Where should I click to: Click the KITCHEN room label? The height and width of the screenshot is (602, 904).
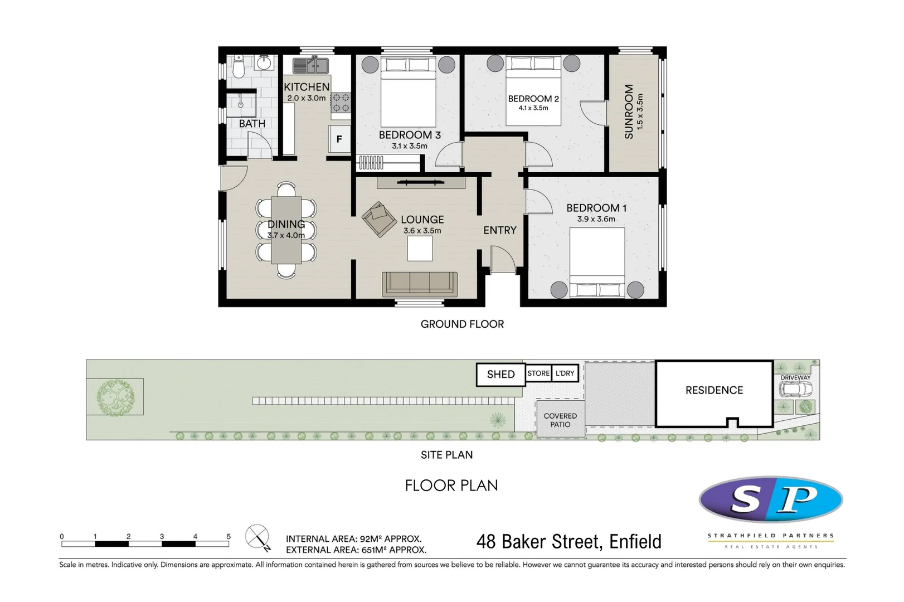click(307, 87)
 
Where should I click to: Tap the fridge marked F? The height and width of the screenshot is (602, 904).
click(339, 139)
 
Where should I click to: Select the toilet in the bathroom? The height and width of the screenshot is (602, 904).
click(239, 67)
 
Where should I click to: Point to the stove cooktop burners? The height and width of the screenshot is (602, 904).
click(341, 103)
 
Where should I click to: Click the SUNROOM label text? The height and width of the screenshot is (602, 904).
click(629, 111)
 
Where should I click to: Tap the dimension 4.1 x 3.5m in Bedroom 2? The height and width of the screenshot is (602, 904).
click(533, 108)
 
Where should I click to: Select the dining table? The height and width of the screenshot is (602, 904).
click(286, 230)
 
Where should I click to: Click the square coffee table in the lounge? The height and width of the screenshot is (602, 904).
click(420, 249)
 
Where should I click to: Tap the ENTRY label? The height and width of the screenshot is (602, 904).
click(499, 230)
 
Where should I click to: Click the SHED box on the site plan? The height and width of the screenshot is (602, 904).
click(500, 375)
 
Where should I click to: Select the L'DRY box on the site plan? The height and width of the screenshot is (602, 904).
click(565, 373)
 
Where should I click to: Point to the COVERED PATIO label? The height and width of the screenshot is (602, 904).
click(560, 420)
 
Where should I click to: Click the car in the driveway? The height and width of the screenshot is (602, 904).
click(795, 390)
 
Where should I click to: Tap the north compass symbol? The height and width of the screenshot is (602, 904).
click(257, 537)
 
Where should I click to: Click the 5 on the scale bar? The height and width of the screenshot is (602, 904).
click(229, 536)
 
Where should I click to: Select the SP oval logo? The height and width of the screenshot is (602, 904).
click(771, 499)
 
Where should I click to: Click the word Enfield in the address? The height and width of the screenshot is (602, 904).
click(635, 541)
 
